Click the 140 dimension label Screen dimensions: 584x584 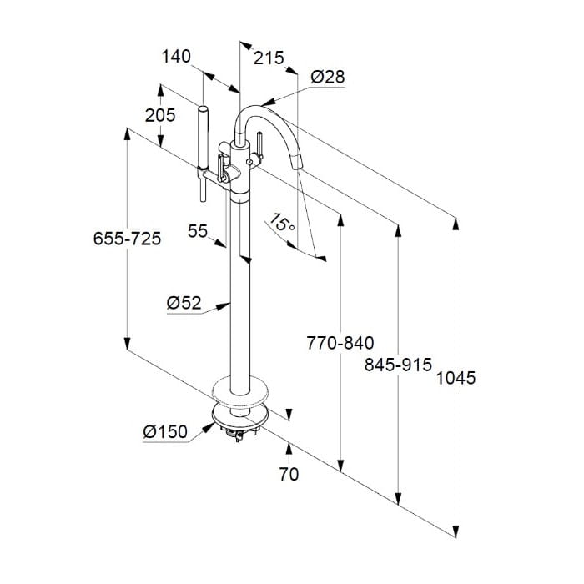pos(176,56)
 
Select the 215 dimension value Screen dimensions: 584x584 pos(269,58)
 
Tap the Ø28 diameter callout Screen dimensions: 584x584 pos(328,77)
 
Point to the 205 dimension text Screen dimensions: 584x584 pos(160,115)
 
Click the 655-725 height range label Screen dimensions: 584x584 pos(127,239)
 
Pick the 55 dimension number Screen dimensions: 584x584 pos(198,231)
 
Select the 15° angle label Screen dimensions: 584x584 pos(282,222)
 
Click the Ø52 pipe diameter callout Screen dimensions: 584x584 pos(184,302)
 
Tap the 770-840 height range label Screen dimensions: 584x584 pos(340,343)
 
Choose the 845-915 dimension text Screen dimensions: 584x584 pos(398,365)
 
